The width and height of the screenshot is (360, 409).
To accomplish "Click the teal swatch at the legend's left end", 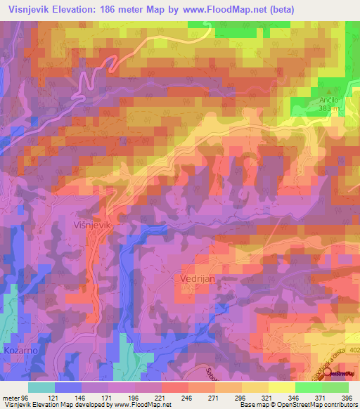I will [x=41, y=387].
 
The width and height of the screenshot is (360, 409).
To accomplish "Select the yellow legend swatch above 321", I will [x=255, y=387].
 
